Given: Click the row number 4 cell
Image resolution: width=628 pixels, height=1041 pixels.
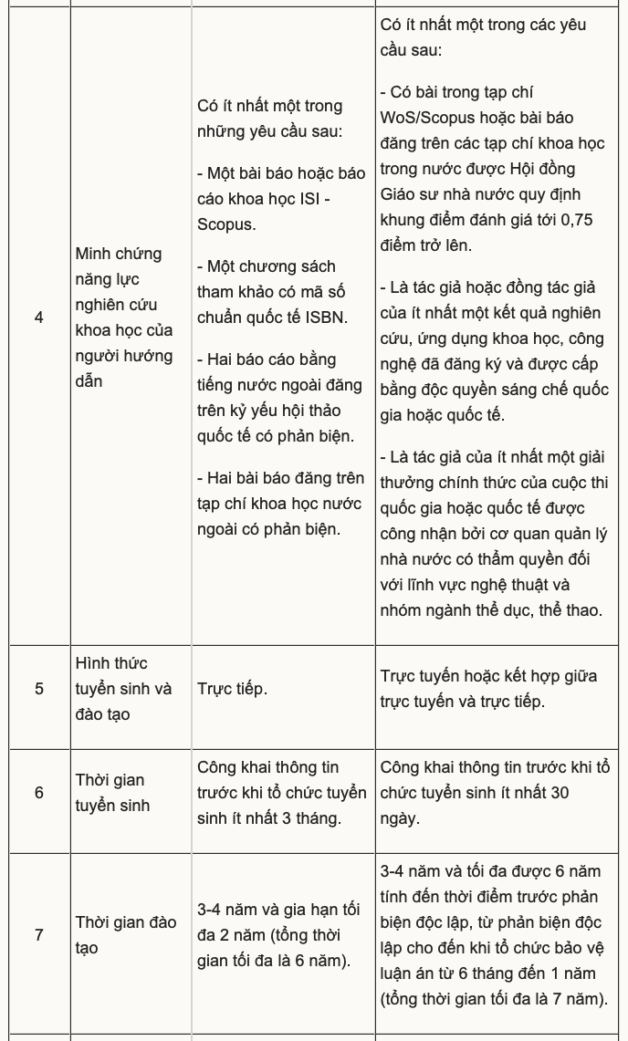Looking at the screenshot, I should (x=38, y=318).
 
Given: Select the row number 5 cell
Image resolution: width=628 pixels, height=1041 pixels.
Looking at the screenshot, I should (x=38, y=689).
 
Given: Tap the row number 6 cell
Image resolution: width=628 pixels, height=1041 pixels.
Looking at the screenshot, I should (x=38, y=793).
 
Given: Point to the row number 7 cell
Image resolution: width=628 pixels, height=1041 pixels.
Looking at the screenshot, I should (x=38, y=935).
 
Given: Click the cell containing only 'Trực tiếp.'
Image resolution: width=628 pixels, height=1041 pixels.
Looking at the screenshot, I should (x=232, y=689).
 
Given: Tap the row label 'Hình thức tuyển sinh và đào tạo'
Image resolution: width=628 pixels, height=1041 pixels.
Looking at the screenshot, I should (x=123, y=689).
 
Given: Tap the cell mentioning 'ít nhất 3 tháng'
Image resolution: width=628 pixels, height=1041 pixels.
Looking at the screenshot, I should (x=282, y=793).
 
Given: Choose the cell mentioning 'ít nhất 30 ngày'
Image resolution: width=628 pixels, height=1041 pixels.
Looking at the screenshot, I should (x=494, y=793).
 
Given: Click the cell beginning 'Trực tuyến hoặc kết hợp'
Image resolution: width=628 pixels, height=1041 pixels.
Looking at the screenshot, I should (x=488, y=689).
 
